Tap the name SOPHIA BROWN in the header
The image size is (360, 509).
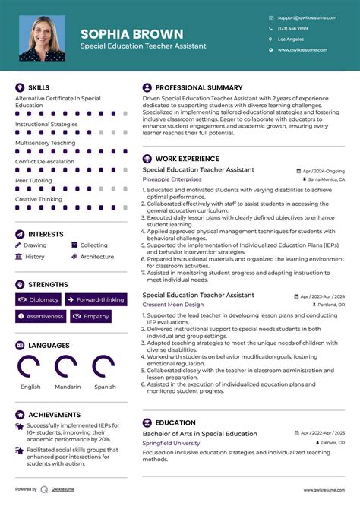[131, 33]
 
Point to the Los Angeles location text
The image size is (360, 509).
[291, 39]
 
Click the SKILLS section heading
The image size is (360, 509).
[39, 87]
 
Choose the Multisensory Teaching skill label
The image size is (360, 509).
[45, 143]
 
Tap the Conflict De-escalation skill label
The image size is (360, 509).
[45, 161]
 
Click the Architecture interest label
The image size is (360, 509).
[97, 257]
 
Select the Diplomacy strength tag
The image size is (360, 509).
[39, 300]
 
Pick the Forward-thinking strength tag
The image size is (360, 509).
[95, 300]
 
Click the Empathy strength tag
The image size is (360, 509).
[91, 316]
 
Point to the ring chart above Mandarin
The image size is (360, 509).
[68, 367]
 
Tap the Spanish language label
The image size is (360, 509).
[105, 387]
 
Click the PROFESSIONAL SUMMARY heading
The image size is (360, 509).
[199, 87]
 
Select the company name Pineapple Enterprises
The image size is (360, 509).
[171, 179]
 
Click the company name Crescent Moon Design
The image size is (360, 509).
[173, 304]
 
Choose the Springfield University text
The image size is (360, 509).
[171, 443]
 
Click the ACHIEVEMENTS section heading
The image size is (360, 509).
[55, 414]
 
